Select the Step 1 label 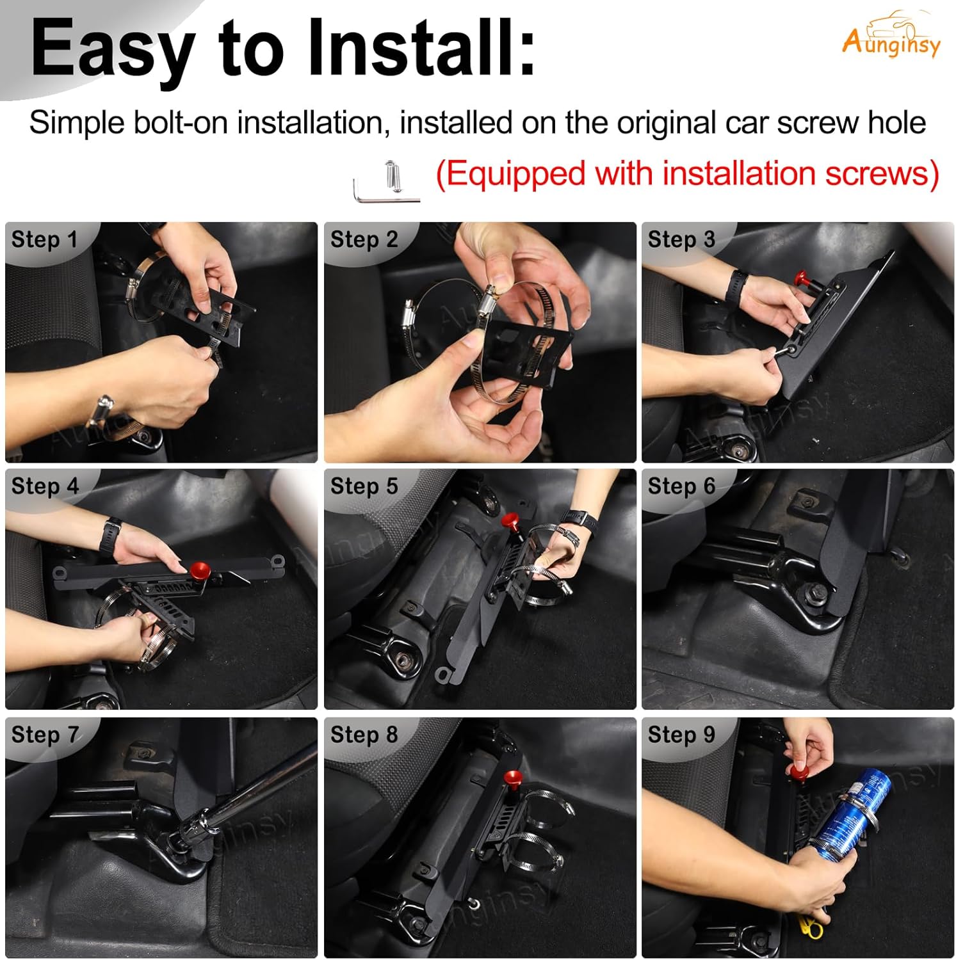click(x=44, y=239)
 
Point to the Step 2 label click(x=364, y=239)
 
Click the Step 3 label click(x=681, y=239)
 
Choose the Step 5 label click(x=364, y=486)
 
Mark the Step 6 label click(x=681, y=486)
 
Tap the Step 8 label click(x=364, y=735)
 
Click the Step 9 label click(x=681, y=735)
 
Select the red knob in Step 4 click(x=199, y=568)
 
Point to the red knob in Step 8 click(x=513, y=778)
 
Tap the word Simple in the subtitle click(x=77, y=122)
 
